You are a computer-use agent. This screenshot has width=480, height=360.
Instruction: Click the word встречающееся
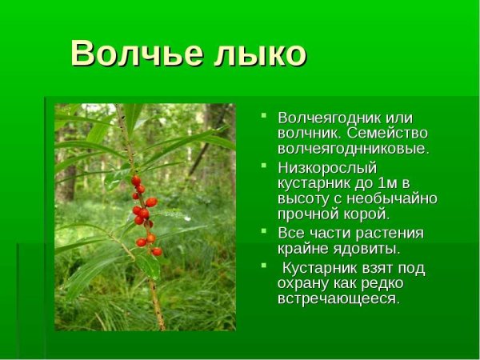coord(338,298)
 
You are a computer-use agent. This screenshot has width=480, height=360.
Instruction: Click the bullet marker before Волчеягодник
coord(263,117)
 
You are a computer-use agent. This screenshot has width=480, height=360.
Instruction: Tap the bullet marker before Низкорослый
coord(263,166)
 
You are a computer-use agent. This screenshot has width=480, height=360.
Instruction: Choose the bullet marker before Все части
coord(263,232)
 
